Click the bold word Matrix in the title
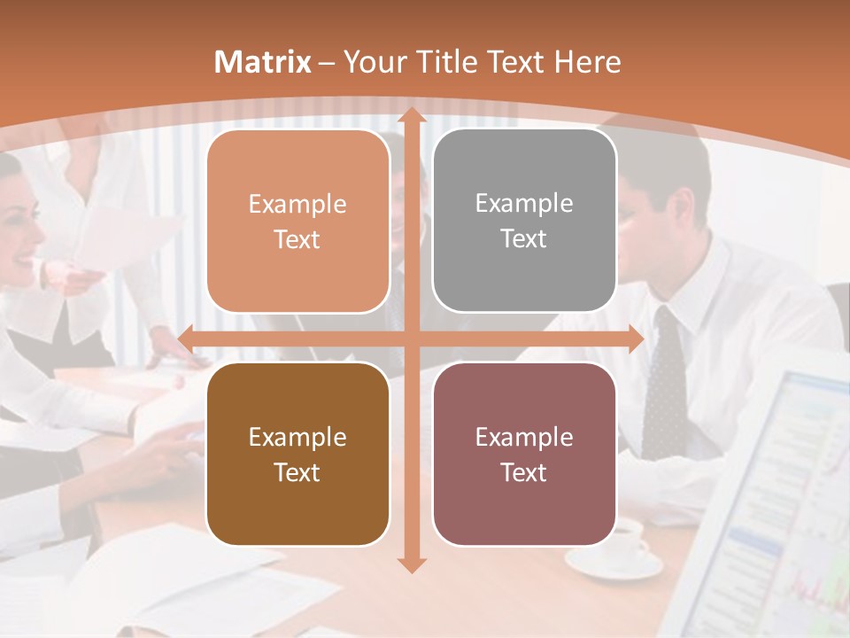pyautogui.click(x=263, y=62)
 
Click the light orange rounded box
pyautogui.click(x=297, y=222)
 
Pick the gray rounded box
pyautogui.click(x=524, y=221)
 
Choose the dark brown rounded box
pyautogui.click(x=297, y=454)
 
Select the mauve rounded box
pyautogui.click(x=524, y=454)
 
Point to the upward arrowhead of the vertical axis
pyautogui.click(x=411, y=116)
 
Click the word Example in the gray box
pyautogui.click(x=524, y=204)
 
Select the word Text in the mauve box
pyautogui.click(x=524, y=472)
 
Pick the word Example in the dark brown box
pyautogui.click(x=297, y=437)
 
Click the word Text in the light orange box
pyautogui.click(x=297, y=240)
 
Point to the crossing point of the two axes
pyautogui.click(x=411, y=338)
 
